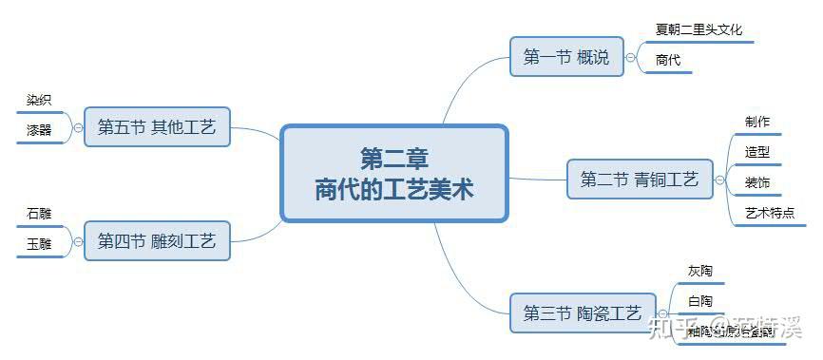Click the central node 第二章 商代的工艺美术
[x=394, y=172]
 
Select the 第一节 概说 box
[x=565, y=57]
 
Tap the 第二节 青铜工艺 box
[x=639, y=179]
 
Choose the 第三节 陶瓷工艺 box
[x=583, y=313]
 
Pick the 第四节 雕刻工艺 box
[x=157, y=241]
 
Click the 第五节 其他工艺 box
[x=157, y=126]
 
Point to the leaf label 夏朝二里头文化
[x=699, y=29]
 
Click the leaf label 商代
[x=668, y=60]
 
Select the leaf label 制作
[x=757, y=122]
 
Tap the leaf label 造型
[x=757, y=152]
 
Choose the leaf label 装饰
[x=757, y=182]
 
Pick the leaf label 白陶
[x=700, y=302]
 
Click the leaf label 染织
[x=39, y=100]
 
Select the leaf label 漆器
[x=39, y=130]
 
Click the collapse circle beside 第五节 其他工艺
[x=77, y=126]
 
